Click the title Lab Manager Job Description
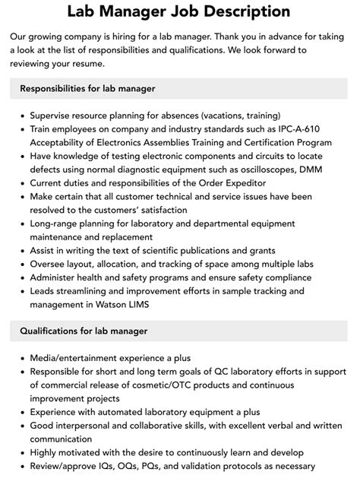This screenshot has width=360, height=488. click(179, 11)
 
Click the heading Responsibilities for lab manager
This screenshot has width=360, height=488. click(88, 88)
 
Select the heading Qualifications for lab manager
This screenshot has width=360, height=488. click(84, 331)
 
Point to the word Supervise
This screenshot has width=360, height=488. click(55, 116)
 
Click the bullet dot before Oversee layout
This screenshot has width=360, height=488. click(21, 264)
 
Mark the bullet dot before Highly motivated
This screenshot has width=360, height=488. click(21, 453)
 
